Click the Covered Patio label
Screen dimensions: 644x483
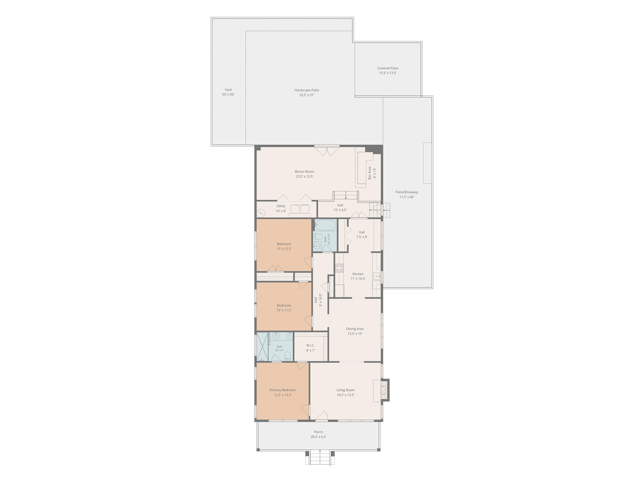pos(387,68)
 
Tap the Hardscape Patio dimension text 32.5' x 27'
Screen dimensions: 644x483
pos(307,95)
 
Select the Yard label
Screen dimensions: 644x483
pos(228,90)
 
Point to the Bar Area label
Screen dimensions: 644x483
pos(370,173)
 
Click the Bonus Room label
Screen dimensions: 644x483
pos(304,172)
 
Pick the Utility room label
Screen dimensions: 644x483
pos(281,206)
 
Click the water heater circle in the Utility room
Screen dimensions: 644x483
pos(261,214)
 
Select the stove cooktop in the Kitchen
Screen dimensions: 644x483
pos(339,268)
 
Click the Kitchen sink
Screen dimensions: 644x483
pos(377,276)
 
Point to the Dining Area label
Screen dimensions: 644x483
pos(355,329)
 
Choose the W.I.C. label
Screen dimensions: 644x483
pos(310,346)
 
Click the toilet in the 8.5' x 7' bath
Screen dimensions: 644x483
pos(287,356)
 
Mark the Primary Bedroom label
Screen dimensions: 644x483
pos(282,390)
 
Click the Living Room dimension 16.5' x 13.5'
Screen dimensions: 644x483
pos(345,395)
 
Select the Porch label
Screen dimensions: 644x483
pos(319,432)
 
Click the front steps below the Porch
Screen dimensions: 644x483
pos(320,457)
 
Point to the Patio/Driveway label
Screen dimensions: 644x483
pos(407,192)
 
